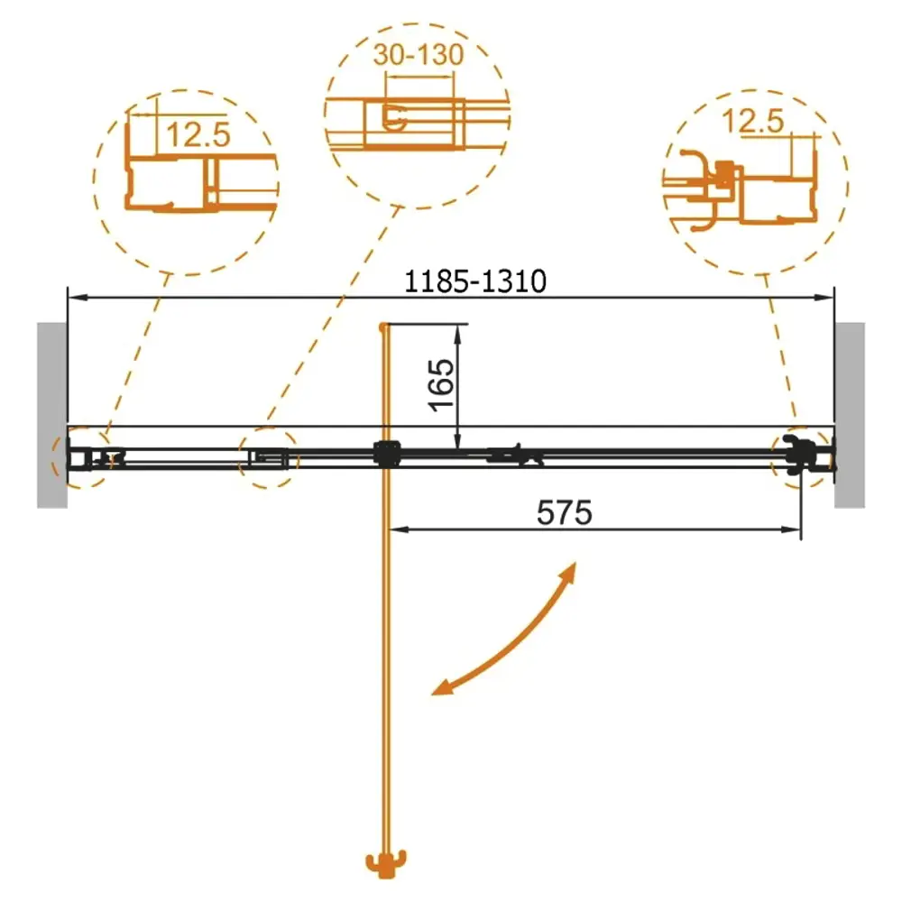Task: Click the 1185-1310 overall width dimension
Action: (x=475, y=281)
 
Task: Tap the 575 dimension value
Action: (x=564, y=512)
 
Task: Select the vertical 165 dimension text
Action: (x=442, y=385)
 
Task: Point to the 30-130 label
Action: (x=419, y=55)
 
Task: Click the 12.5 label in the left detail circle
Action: (x=198, y=134)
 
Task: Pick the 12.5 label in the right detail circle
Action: (x=752, y=122)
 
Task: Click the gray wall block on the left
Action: (x=52, y=415)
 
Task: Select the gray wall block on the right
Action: (x=850, y=415)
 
